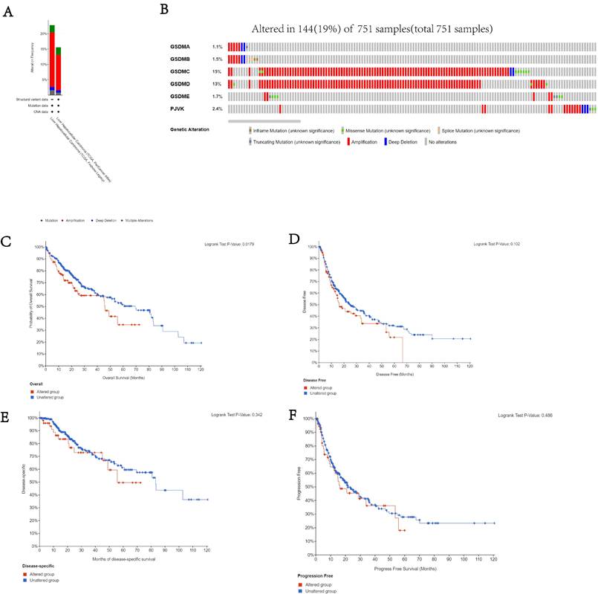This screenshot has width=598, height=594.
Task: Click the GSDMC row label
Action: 181,71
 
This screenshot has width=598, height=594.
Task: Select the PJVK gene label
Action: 177,109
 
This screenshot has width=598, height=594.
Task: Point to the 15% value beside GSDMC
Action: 216,71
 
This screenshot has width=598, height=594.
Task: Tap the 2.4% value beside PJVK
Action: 217,109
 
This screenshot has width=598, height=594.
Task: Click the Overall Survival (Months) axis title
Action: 123,377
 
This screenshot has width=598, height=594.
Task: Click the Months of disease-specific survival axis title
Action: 123,549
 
